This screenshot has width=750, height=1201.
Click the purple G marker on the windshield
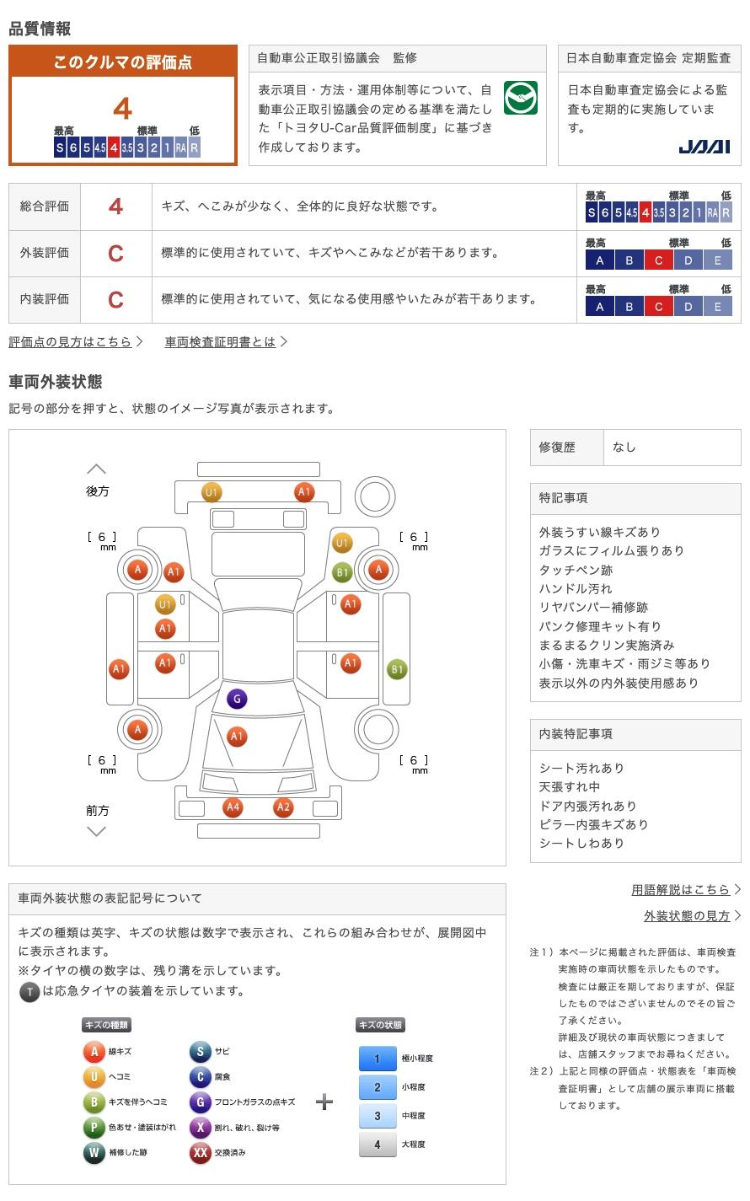pos(237,699)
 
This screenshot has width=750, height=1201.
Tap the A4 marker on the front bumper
pos(233,807)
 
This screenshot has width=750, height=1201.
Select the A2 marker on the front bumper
pos(283,807)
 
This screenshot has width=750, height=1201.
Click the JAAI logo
pos(704,147)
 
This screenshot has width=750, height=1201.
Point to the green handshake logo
pos(520,99)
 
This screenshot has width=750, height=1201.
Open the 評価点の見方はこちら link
pos(71,341)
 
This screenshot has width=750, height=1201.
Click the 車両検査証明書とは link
pos(220,341)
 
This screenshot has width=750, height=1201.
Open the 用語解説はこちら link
pos(680,890)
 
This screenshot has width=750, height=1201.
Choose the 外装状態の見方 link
pos(687,916)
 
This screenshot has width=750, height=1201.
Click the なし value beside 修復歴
pos(624,448)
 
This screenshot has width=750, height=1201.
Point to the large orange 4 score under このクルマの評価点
pos(123,109)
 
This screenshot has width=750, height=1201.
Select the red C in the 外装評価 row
pos(115,253)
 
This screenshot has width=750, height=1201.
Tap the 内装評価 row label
pos(45,299)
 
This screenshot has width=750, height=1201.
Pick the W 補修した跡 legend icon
pos(94,1153)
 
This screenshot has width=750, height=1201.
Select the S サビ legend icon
pos(200,1052)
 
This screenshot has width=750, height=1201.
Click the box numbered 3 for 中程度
pos(378,1116)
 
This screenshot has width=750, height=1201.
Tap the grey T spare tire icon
pos(29,992)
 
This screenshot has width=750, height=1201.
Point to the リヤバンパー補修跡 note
pos(594,608)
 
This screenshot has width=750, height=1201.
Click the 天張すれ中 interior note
pos(570,787)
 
